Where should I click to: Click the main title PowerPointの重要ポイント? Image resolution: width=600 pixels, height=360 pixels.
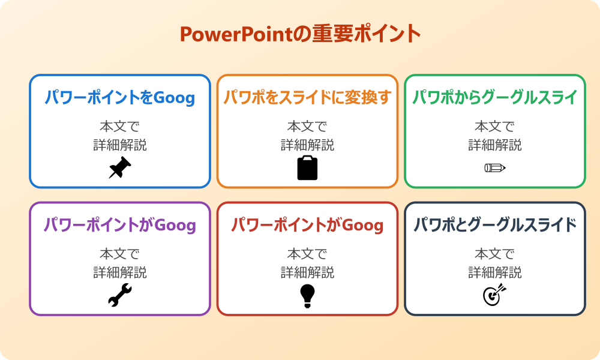[300, 34]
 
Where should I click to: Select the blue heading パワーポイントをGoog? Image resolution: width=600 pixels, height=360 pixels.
[120, 97]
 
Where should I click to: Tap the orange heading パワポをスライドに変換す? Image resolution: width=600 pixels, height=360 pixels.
[307, 97]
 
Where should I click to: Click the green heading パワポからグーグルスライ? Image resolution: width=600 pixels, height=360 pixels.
[495, 97]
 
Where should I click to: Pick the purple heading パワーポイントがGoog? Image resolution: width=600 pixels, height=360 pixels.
[120, 225]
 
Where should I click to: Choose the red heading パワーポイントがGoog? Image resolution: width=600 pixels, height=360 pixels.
[307, 225]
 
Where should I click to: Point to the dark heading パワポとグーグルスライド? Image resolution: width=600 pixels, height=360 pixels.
[495, 225]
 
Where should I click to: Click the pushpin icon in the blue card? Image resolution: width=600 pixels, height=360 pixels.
[120, 168]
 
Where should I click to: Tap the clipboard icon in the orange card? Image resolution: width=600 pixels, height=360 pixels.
[307, 168]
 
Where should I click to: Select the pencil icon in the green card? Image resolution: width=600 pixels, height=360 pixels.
[495, 168]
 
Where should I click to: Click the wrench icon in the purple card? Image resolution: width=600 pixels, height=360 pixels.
[120, 296]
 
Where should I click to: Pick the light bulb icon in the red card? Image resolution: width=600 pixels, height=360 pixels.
[307, 296]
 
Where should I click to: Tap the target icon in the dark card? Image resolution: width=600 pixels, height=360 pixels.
[495, 296]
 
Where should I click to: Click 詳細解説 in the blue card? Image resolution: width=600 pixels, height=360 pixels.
[120, 145]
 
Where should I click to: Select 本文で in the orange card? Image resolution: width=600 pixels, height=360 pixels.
[307, 127]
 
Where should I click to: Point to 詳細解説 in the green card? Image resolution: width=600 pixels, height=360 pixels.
[495, 145]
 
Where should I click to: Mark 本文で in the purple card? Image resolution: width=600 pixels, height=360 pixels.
[120, 254]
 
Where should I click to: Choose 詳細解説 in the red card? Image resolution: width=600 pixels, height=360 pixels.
[307, 272]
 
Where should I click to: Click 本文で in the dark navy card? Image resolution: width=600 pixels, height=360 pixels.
[495, 254]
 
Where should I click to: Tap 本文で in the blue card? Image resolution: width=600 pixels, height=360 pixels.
[120, 127]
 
